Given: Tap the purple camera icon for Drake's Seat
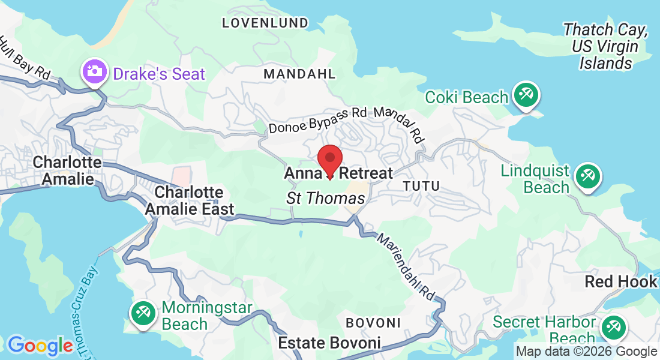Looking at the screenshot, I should point(94,72).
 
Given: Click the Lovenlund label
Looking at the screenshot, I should point(265,23).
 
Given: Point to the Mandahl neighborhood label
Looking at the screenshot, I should point(299,74).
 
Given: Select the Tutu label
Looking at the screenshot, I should point(421,186).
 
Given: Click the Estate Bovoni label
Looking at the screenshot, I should point(329,343).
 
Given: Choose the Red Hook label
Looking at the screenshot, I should point(621,281).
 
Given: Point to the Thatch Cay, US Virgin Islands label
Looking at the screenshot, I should point(605,46).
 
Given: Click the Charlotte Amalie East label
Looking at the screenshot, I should point(189,200).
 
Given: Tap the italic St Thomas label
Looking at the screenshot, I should point(326,198).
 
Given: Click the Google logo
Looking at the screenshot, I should point(40,346).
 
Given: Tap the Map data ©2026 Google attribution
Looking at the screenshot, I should point(586,352).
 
